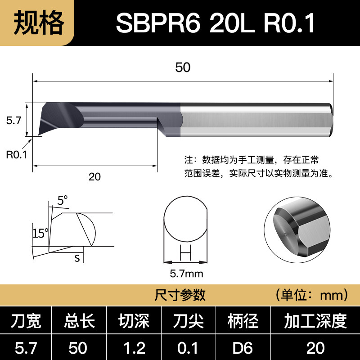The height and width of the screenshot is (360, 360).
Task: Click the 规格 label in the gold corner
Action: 39,23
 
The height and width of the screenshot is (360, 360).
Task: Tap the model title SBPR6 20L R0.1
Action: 216,23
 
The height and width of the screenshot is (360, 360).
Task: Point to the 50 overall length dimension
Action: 183,67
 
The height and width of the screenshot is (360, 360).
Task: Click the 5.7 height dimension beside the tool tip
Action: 13,121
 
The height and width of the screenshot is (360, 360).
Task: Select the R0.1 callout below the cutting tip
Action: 17,155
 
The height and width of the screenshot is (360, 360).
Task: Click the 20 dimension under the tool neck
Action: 94,177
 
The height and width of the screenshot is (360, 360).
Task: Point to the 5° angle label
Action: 63,200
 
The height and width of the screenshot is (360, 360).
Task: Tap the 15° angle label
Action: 40,234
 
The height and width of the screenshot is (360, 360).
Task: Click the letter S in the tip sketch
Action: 77,258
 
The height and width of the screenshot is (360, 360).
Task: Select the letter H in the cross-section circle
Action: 185,252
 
